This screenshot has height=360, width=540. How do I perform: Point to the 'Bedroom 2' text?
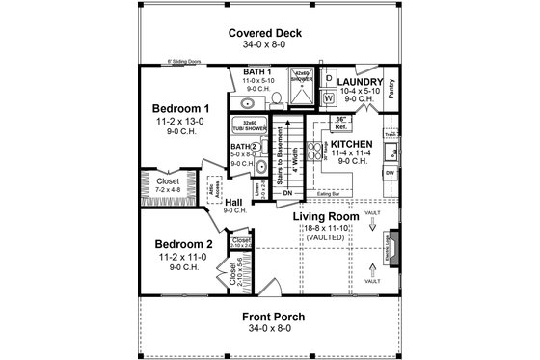[x=182, y=246]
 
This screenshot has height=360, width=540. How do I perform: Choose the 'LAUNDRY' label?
[x=362, y=82]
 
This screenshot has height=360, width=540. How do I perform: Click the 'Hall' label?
[x=234, y=201]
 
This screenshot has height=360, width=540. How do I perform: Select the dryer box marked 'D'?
[x=328, y=78]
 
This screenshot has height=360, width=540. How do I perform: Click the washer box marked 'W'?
[x=328, y=97]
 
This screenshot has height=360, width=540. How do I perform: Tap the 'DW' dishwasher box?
[x=391, y=174]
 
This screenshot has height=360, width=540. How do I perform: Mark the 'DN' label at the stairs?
[x=285, y=192]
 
